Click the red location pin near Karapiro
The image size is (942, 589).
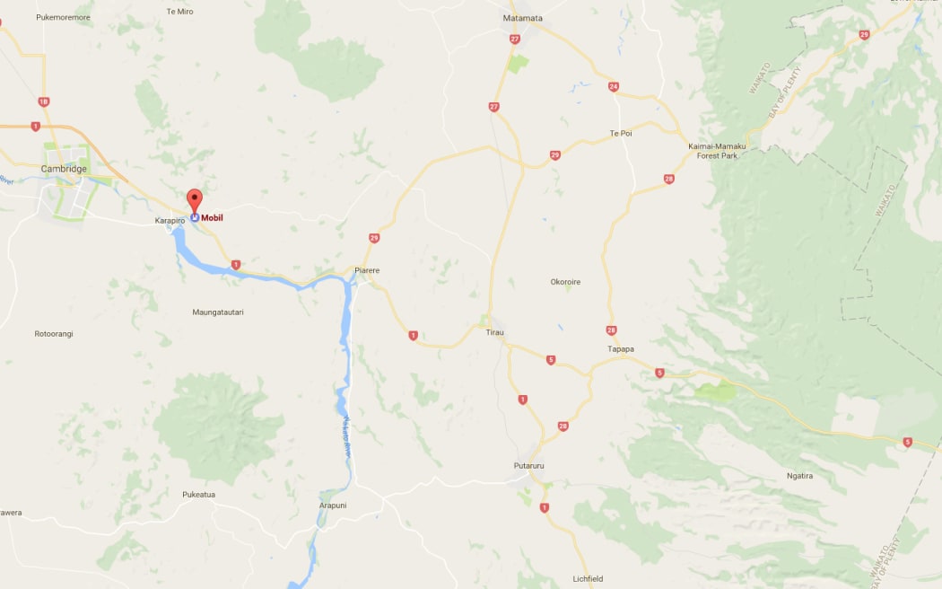click(194, 201)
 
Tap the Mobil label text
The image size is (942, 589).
click(212, 217)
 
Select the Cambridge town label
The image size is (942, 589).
click(64, 169)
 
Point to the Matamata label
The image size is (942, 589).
click(522, 18)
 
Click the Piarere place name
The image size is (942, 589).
click(368, 269)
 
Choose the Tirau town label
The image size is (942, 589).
click(495, 332)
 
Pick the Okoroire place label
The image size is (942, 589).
click(565, 282)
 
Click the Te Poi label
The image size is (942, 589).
click(621, 133)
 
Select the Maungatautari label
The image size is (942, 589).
click(218, 312)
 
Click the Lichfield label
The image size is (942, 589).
click(589, 578)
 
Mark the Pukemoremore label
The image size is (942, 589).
click(63, 17)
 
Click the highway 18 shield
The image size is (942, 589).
click(43, 101)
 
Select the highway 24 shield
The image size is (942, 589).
click(614, 87)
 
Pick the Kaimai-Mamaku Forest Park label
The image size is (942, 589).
click(717, 151)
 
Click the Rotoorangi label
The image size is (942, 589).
click(54, 333)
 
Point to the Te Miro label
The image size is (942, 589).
click(179, 11)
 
